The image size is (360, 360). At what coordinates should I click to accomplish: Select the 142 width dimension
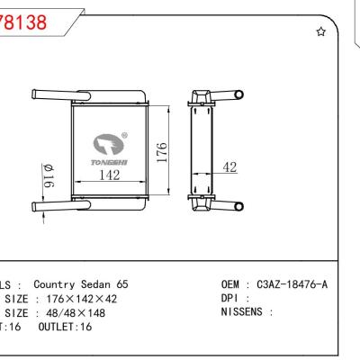[x=109, y=175]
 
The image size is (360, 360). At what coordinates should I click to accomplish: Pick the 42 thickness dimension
[x=229, y=167]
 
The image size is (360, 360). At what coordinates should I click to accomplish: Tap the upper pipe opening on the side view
[x=239, y=94]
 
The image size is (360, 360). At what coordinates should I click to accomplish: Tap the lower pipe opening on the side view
[x=239, y=207]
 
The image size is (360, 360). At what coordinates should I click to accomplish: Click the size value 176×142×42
[x=81, y=298]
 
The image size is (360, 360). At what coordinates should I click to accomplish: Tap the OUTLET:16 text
[x=67, y=328]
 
